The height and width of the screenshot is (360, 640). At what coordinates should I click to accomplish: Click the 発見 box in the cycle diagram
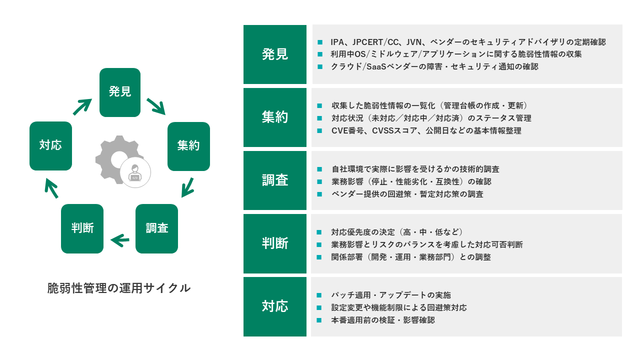[120, 92]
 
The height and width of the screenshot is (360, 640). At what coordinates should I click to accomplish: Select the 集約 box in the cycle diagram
[188, 146]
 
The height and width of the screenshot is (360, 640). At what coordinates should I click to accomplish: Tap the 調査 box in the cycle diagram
[156, 228]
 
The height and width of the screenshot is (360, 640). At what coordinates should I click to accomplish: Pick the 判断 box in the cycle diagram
[82, 228]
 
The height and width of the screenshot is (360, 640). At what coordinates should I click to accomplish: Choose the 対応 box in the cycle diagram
[50, 146]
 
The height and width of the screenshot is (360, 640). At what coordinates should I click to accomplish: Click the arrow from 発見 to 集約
[156, 106]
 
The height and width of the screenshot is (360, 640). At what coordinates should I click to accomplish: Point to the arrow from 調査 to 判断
[120, 241]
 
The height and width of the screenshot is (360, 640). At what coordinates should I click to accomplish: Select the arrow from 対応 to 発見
[82, 106]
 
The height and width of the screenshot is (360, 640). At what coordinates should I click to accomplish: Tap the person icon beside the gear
[135, 173]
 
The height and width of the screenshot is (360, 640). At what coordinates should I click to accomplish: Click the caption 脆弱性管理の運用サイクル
[119, 288]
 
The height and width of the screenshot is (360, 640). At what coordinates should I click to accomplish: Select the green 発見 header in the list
[275, 54]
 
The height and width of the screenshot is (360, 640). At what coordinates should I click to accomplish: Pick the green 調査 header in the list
[275, 180]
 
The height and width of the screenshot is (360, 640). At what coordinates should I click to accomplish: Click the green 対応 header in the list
[275, 306]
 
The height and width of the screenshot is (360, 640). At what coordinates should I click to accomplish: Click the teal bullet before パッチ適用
[320, 295]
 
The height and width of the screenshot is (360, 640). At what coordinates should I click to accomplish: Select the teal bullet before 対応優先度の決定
[320, 232]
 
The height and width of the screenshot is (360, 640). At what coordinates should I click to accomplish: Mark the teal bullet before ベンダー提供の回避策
[320, 194]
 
